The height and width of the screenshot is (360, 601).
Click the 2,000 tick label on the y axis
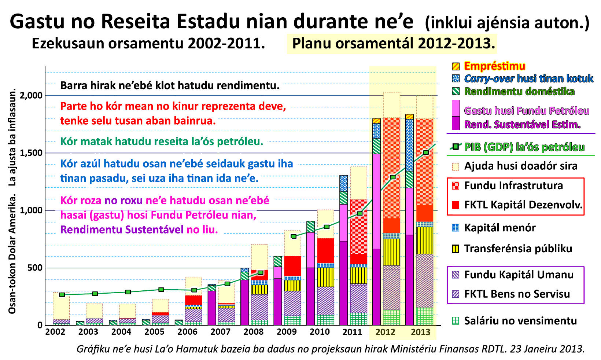(x=32, y=96)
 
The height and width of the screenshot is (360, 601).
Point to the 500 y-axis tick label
(x=35, y=268)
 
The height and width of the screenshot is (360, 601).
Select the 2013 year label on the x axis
(x=420, y=332)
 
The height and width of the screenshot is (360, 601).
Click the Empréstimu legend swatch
(x=456, y=66)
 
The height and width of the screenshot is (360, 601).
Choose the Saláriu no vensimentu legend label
(x=520, y=321)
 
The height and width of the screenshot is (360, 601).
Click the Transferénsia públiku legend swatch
(x=456, y=249)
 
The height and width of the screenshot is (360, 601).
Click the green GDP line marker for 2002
(x=62, y=295)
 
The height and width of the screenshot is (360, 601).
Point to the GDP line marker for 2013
(x=426, y=153)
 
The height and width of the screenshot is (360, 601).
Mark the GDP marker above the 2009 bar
(x=294, y=236)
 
